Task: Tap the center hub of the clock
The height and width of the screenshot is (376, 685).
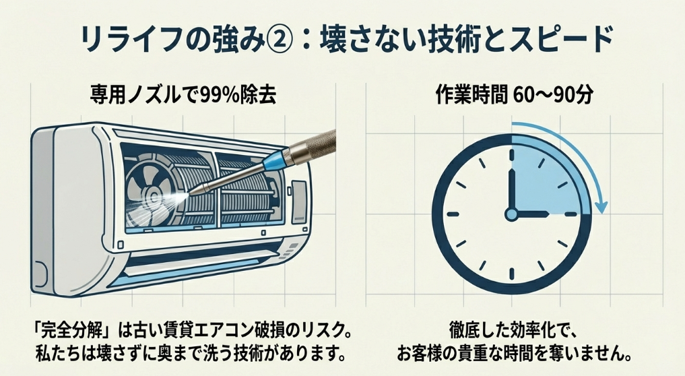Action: pos(511,214)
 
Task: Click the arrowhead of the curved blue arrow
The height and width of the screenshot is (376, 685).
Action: pos(604,206)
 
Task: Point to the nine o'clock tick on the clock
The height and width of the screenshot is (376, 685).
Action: pos(450,214)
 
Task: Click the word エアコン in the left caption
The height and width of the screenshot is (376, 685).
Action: pos(223,334)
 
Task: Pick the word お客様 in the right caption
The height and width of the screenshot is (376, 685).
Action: pos(423,352)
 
